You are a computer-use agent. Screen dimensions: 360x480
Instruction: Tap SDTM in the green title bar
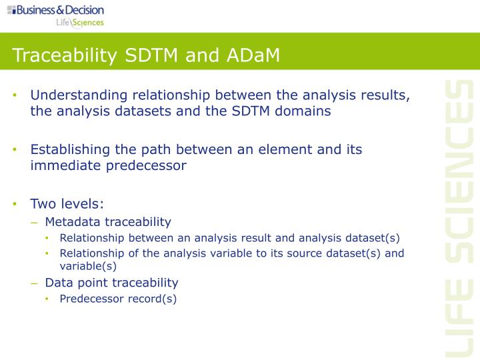(155, 55)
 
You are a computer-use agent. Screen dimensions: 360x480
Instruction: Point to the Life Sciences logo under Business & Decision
(79, 23)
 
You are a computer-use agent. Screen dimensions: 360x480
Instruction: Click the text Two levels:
(67, 204)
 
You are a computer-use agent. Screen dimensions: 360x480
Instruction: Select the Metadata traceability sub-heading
(108, 222)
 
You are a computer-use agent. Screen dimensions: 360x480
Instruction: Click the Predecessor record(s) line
(118, 299)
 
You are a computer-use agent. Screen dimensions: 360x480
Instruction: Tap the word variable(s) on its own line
(88, 265)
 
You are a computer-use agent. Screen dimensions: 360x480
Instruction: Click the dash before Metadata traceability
(35, 222)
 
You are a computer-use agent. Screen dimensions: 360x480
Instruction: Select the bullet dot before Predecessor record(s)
(48, 299)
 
